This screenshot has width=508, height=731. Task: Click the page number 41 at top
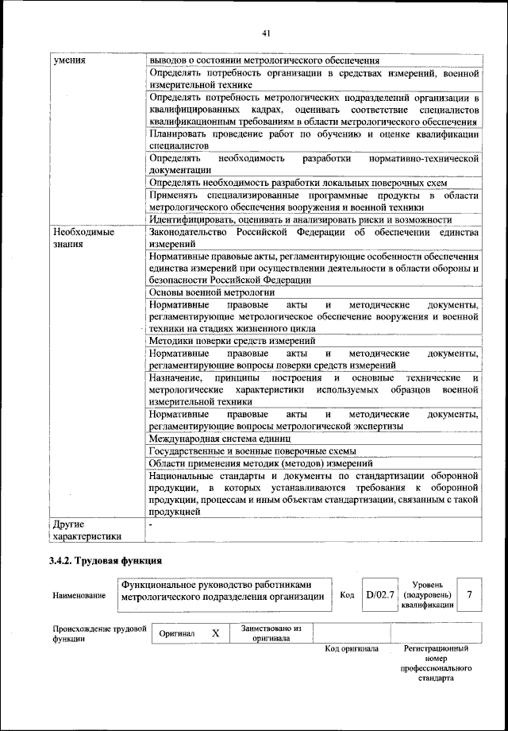click(x=266, y=33)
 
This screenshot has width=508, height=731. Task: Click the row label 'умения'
click(x=70, y=60)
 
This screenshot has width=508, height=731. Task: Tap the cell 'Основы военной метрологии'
click(x=204, y=292)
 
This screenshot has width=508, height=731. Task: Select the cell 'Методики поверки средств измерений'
click(x=226, y=340)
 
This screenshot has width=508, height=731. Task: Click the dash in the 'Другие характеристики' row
click(x=151, y=524)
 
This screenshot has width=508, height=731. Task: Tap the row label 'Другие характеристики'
click(x=87, y=530)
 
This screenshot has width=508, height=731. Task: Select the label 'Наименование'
click(x=79, y=595)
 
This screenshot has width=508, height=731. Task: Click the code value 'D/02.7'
click(x=380, y=594)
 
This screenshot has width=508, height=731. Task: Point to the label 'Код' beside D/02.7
click(x=347, y=594)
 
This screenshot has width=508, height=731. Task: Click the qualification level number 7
click(x=470, y=594)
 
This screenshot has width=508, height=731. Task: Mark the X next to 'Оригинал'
click(x=214, y=633)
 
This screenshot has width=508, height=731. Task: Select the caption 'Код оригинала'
click(x=352, y=649)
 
